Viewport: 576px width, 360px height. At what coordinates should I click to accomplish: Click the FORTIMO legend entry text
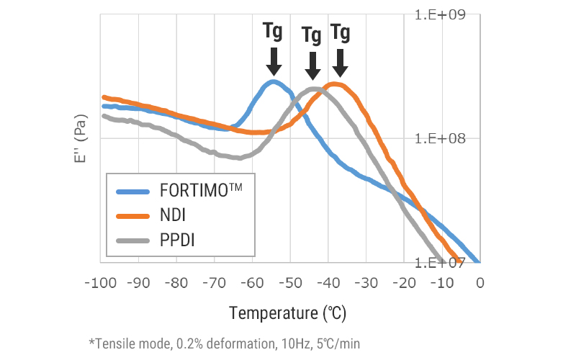point(201,192)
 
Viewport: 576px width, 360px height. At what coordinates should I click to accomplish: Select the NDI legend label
point(172,215)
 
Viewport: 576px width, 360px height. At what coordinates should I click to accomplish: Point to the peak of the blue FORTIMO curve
point(273,81)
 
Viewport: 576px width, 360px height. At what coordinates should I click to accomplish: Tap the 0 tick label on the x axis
point(480,283)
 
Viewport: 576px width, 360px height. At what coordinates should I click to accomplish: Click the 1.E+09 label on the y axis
point(449,14)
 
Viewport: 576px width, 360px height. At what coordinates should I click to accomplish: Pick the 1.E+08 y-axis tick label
point(449,138)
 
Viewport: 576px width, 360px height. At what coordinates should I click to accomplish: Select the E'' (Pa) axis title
point(80,138)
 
